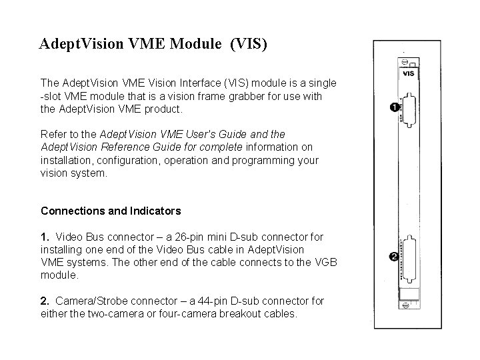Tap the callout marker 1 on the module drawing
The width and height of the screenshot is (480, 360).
(x=395, y=107)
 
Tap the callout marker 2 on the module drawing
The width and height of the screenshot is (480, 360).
(x=395, y=256)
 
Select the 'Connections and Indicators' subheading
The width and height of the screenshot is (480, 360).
(x=111, y=211)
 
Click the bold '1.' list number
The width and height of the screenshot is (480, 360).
(x=45, y=237)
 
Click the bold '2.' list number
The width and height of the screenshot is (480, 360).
(x=45, y=301)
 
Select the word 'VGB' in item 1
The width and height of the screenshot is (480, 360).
(x=323, y=262)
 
